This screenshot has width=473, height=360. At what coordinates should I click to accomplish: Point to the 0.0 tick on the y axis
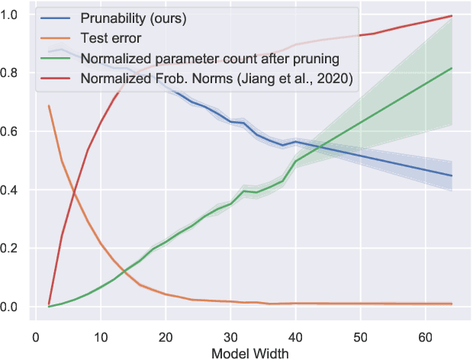point(11,307)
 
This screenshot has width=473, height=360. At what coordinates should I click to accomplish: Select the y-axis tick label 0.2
point(11,249)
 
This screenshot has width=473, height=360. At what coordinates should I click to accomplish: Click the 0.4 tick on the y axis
point(11,190)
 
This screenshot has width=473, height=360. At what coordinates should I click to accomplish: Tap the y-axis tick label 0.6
point(11,132)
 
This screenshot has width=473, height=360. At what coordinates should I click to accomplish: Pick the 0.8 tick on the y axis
point(11,73)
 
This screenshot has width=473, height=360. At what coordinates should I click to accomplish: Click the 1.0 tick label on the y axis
point(11,15)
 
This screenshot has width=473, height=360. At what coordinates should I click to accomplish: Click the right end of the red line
point(452,16)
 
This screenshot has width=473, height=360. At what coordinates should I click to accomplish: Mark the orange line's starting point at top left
point(49,105)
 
